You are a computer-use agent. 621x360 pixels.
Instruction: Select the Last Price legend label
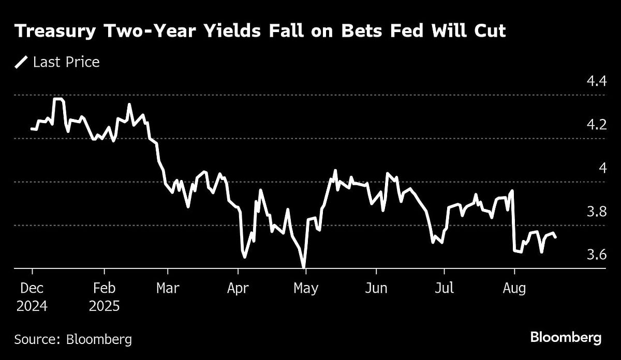tap(66, 63)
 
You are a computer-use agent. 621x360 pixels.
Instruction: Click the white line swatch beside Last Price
tap(21, 63)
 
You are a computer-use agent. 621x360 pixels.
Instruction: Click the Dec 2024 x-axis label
tap(32, 297)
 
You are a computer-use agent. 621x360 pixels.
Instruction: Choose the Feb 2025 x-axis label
tap(104, 297)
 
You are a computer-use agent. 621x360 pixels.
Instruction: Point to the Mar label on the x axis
tap(168, 288)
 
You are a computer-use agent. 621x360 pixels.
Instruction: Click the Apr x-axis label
tap(238, 288)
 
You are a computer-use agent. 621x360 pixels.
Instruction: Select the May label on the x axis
tap(305, 288)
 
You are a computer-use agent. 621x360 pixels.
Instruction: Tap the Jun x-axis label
tap(376, 288)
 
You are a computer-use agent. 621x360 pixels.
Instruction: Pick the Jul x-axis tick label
tap(444, 288)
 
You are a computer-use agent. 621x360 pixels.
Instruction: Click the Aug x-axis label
tap(514, 288)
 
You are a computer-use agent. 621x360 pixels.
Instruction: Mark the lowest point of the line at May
tap(304, 266)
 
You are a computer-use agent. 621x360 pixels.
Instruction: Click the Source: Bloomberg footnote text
tap(73, 340)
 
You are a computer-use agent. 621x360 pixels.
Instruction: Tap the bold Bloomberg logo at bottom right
tap(566, 338)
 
